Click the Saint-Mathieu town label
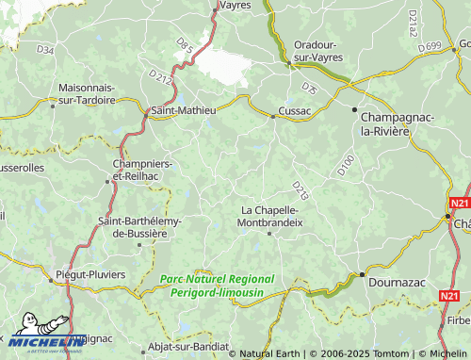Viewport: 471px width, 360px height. (x=184, y=110)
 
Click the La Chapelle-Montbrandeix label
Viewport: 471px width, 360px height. (x=271, y=216)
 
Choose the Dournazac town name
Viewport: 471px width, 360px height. (x=397, y=280)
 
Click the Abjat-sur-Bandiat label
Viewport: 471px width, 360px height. (x=188, y=346)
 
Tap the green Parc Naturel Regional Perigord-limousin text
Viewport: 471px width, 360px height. (x=217, y=286)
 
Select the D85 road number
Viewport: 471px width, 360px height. (x=185, y=44)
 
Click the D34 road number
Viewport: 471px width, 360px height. (x=45, y=48)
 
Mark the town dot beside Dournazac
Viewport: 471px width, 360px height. (x=361, y=274)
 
